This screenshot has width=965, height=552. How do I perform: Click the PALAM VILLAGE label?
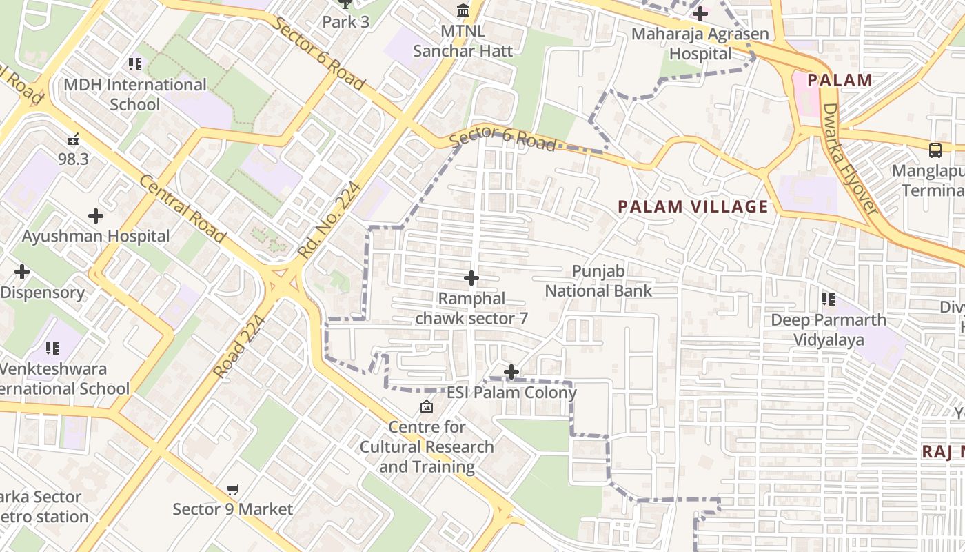point(693,206)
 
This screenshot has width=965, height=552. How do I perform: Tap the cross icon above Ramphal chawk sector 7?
point(471,278)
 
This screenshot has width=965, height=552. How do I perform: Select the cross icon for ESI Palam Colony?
point(511,372)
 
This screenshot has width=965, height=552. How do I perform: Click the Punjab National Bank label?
point(598,281)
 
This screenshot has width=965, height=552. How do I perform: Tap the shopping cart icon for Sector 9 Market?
point(233,489)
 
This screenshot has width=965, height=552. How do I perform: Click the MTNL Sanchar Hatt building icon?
point(463,11)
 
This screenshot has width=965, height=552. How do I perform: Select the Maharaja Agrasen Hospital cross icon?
point(700,13)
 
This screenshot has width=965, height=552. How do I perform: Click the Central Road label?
point(183,208)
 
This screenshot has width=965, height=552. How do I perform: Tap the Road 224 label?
point(239,347)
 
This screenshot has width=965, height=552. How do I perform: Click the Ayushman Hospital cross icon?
point(96,216)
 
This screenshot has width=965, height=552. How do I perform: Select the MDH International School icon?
point(135,64)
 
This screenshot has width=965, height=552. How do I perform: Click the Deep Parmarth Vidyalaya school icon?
point(829,299)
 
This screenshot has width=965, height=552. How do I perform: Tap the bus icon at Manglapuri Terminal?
point(935,150)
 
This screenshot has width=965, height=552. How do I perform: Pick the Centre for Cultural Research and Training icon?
point(427,406)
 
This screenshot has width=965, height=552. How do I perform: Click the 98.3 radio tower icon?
point(73,139)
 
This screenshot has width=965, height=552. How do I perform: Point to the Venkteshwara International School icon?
point(52,348)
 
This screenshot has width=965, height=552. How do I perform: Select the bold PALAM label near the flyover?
point(840,80)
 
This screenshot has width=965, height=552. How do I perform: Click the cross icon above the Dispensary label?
point(22,272)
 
